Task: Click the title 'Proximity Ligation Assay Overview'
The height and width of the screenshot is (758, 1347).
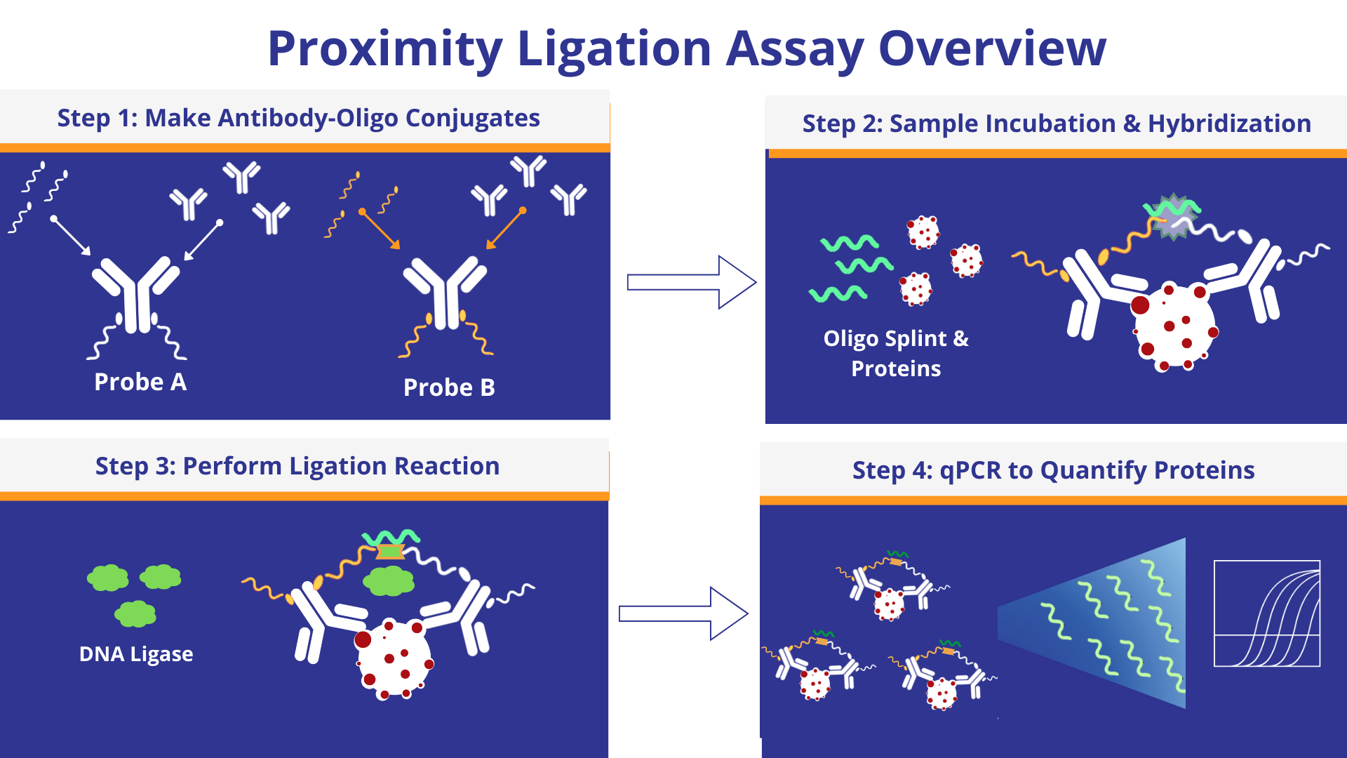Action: [x=687, y=49]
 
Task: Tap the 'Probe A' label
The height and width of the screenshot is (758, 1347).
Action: [x=140, y=383]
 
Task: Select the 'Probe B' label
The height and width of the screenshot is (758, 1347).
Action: [x=449, y=387]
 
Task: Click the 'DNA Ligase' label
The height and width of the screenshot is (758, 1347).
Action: [x=136, y=654]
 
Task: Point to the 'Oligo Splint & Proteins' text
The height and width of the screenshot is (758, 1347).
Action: [x=896, y=353]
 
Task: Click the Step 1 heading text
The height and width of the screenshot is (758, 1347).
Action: [x=298, y=118]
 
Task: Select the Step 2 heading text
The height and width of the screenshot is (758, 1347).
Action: [x=1057, y=124]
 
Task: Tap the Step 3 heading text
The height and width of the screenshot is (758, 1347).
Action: [x=297, y=466]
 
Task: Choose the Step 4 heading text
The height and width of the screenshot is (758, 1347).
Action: [x=1053, y=470]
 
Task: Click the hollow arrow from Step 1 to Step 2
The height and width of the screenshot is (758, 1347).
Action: [x=691, y=282]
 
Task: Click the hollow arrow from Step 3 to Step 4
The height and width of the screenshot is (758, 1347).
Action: [x=683, y=614]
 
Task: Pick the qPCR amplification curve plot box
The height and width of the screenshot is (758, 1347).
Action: [x=1267, y=613]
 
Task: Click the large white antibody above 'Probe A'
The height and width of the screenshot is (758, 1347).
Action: [x=137, y=295]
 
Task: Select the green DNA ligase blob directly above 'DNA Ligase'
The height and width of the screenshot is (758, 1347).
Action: [x=135, y=614]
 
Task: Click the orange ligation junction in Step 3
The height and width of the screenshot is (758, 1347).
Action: [x=390, y=552]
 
